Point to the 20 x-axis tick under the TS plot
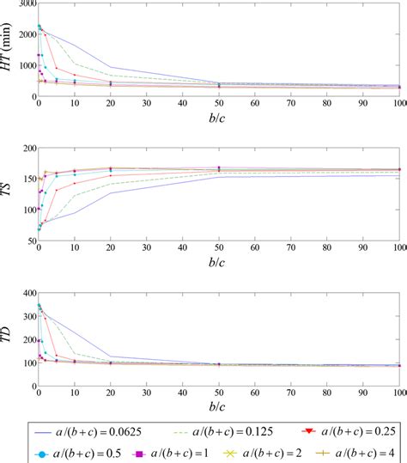coord(110,252)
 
